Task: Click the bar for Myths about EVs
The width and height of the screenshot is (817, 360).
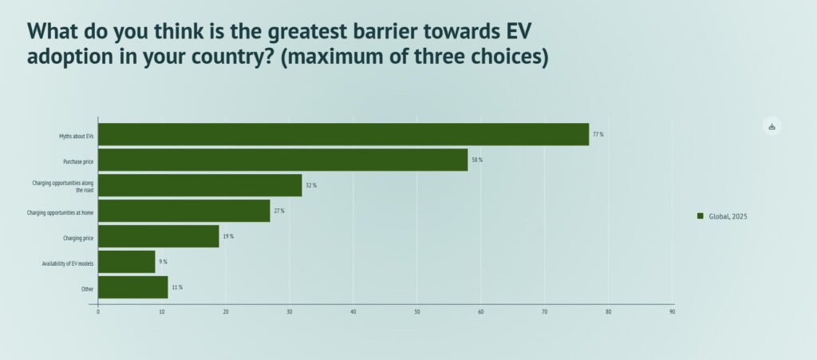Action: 343,134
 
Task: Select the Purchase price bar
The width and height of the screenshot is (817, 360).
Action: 282,160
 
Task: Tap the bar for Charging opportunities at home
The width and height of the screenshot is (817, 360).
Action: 184,211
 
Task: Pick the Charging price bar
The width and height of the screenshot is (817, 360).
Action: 158,236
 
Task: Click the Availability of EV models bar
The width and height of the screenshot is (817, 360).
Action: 126,262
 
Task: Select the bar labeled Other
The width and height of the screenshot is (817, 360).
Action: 132,287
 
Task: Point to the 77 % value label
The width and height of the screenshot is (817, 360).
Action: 598,134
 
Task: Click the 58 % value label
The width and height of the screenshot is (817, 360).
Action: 476,160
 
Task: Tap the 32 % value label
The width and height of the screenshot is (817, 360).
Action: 310,185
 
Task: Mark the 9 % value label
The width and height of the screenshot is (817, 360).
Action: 163,262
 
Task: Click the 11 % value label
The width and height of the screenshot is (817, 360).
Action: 176,287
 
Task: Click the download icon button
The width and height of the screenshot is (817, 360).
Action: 772,126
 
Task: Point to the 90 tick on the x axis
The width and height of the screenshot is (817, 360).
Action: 672,312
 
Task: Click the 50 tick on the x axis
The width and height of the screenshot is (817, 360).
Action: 417,312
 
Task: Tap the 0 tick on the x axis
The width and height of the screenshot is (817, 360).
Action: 98,312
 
